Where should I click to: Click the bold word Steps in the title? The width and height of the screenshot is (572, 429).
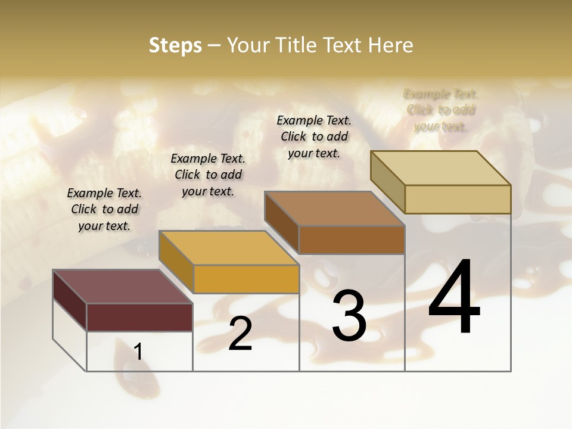tap(175, 45)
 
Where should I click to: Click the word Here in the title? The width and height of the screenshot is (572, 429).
tap(390, 45)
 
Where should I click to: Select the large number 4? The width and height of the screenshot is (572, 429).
tap(454, 298)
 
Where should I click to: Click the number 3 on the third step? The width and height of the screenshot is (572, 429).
tap(349, 316)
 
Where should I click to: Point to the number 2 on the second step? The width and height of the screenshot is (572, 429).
tap(240, 334)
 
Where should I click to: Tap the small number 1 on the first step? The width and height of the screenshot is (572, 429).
tap(138, 352)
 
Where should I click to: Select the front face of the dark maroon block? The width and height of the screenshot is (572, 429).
tap(139, 317)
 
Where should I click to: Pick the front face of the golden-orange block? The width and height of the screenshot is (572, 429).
tap(246, 279)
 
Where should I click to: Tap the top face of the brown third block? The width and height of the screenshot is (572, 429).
tap(334, 209)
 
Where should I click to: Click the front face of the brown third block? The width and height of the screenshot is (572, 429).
tap(352, 240)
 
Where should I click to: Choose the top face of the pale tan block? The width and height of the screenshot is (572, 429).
tap(440, 168)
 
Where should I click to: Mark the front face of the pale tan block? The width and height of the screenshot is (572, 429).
tap(458, 199)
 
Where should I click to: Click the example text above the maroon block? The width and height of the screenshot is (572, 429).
tap(104, 210)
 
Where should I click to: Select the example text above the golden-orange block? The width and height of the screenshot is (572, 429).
tap(208, 175)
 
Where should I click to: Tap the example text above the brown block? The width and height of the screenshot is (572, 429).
tap(314, 136)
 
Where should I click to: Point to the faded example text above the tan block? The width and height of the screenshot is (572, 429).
tap(441, 110)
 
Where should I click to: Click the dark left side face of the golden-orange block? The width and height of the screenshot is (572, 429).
tap(176, 262)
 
